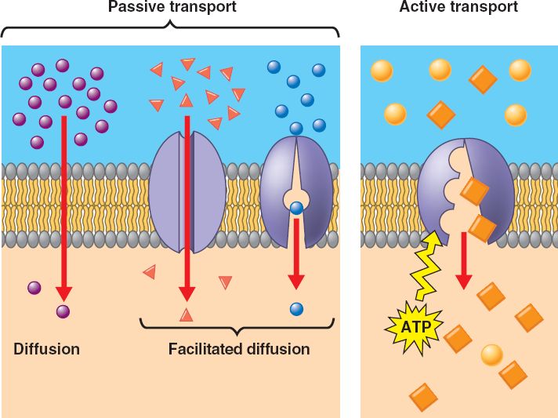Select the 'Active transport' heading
[458, 8]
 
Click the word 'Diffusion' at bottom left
[46, 349]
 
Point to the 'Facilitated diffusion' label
[239, 349]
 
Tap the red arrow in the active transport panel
[464, 259]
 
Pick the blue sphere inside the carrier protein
[296, 209]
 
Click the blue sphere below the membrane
[296, 308]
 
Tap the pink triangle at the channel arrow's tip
[186, 315]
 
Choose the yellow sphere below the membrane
[491, 354]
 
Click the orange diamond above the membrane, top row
[482, 79]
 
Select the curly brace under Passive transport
[170, 30]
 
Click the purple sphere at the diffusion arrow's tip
[63, 311]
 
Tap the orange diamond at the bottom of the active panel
[423, 397]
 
